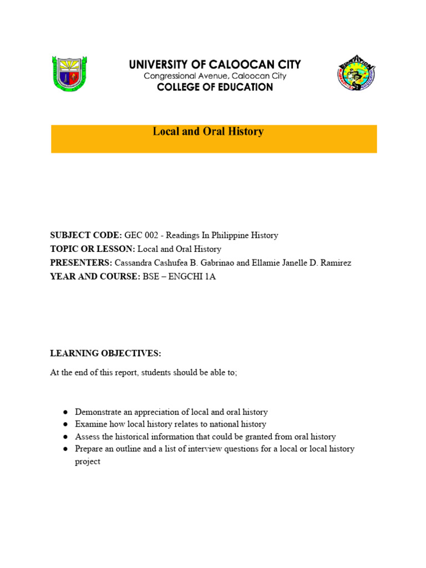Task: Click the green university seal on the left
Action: click(x=69, y=73)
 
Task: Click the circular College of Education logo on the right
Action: click(x=357, y=73)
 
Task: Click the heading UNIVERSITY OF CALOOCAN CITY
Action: click(x=215, y=64)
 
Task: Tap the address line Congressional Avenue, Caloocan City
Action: click(x=215, y=76)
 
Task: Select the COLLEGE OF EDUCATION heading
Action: click(x=215, y=87)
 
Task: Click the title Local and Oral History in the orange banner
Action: click(x=208, y=132)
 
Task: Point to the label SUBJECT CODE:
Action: click(x=86, y=235)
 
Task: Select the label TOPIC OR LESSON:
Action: click(x=93, y=249)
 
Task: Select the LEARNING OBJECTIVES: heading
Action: click(x=105, y=353)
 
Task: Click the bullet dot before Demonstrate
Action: click(x=65, y=413)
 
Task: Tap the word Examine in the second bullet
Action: click(x=90, y=424)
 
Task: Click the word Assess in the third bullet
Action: click(x=87, y=437)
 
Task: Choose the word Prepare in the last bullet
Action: click(x=89, y=449)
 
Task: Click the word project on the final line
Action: click(x=88, y=461)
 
